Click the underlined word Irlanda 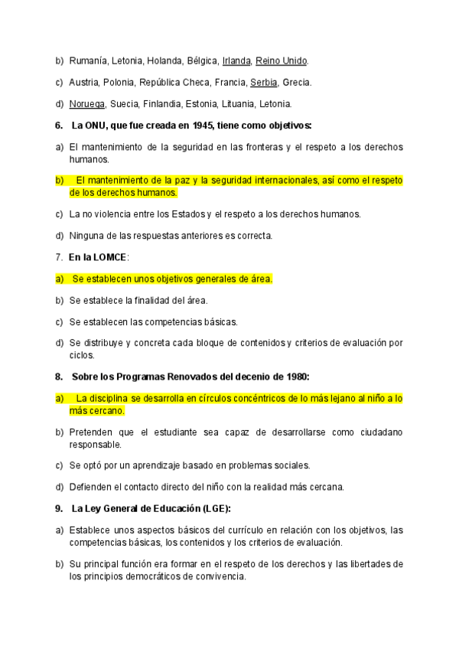(x=236, y=60)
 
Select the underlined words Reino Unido (x=282, y=60)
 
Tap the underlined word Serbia (x=264, y=82)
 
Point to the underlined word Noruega (x=87, y=104)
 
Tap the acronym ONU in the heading (x=96, y=126)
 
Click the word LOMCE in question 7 (x=110, y=257)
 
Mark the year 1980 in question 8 (x=295, y=376)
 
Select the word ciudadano (x=377, y=432)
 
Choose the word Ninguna (x=86, y=236)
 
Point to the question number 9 (x=58, y=508)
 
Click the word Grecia (x=297, y=82)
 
